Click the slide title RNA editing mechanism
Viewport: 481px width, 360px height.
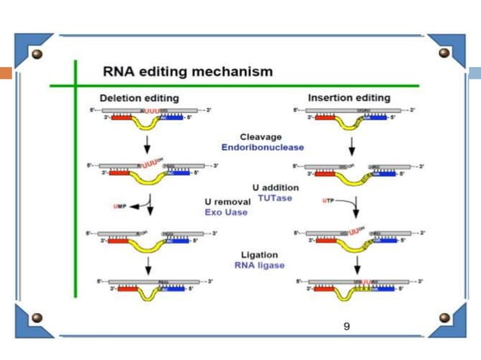187,72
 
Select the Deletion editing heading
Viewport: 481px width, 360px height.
139,98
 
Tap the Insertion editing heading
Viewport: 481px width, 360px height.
349,98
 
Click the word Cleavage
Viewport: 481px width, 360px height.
261,137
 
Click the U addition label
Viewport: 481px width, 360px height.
275,187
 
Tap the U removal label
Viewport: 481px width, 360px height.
226,202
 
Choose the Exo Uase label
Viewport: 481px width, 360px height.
226,212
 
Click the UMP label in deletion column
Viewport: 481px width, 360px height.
118,206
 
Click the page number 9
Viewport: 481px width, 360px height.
346,326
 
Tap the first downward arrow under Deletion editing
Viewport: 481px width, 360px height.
148,144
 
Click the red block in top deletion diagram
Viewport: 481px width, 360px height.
121,117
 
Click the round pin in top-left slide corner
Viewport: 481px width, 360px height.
37,54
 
